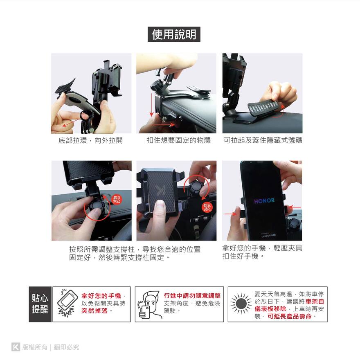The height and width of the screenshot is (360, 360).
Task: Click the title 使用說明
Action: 174,34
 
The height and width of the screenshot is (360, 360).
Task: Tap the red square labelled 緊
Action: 207,207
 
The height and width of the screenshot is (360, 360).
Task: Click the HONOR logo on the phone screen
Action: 264,201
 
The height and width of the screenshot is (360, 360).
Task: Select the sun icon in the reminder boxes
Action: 241,304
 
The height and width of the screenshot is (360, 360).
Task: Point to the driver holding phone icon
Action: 149,305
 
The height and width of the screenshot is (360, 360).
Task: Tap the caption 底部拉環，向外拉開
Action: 90,140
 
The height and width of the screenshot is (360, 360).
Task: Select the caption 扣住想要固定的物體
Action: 179,140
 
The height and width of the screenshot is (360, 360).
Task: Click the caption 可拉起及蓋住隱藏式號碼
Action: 263,140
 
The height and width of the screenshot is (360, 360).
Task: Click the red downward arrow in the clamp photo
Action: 151,105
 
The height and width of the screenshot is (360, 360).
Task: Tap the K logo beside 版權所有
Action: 16,346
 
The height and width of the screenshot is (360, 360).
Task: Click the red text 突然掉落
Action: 94,311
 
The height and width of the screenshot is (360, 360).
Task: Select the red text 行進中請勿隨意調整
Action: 192,296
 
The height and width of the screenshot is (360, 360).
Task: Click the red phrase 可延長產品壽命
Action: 290,316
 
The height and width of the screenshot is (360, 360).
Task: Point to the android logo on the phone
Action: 268,235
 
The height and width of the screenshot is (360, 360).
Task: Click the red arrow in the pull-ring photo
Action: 72,123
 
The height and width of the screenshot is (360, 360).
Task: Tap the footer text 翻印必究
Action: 67,347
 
